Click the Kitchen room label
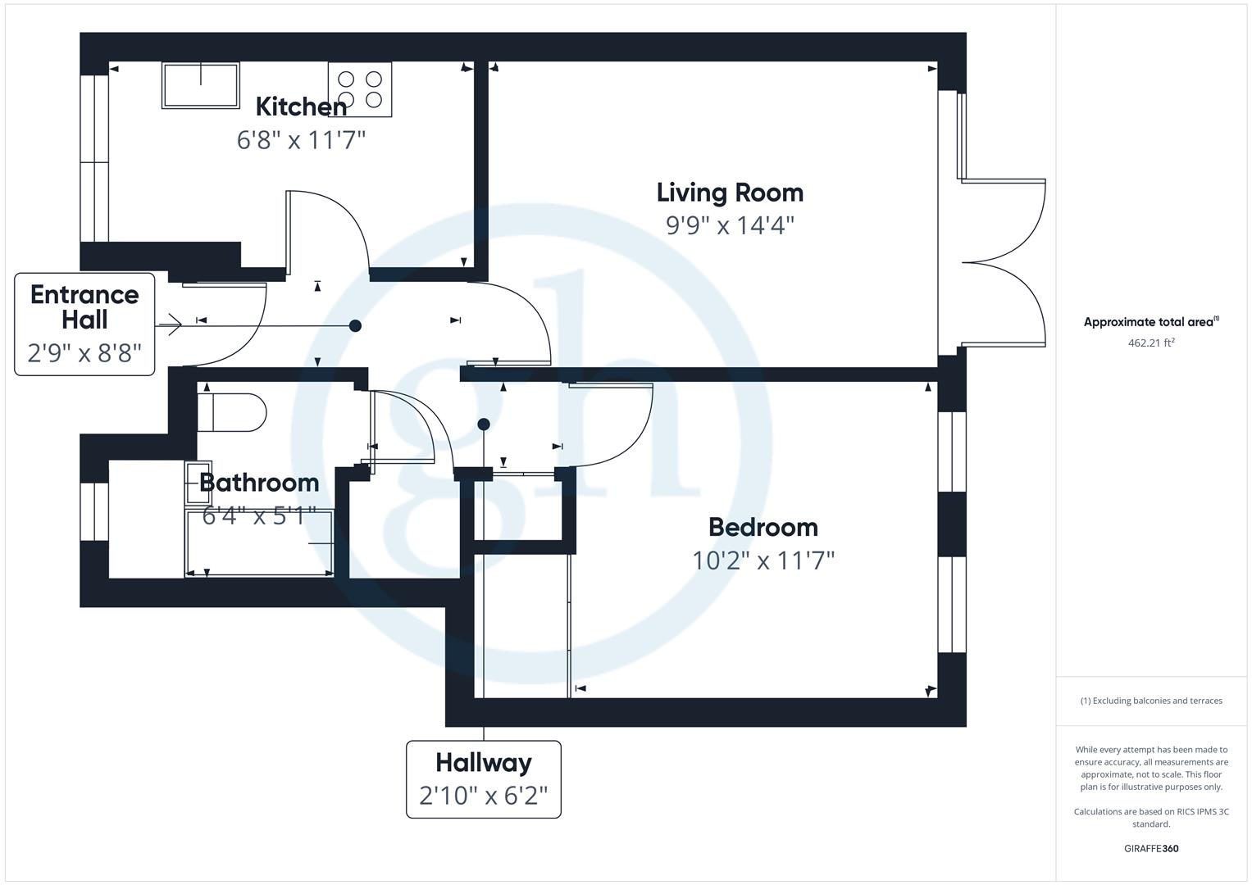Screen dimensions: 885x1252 301,107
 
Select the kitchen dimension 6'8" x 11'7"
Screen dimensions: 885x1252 301,140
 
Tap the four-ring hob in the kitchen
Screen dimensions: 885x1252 360,88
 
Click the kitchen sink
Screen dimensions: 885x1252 201,85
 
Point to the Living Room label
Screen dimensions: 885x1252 730,193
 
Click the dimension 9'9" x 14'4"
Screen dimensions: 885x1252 730,225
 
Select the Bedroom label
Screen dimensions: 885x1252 763,527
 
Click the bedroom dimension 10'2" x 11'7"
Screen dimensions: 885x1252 763,560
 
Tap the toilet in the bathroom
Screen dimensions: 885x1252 232,412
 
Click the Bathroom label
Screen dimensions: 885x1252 259,483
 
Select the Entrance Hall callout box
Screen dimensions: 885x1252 84,324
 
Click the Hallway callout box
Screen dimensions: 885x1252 484,778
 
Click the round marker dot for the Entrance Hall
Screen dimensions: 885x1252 355,325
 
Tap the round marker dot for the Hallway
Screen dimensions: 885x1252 484,424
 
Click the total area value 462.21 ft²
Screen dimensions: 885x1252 1151,343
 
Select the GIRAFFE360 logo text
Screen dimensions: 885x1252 1151,849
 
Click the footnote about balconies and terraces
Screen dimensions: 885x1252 1151,701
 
